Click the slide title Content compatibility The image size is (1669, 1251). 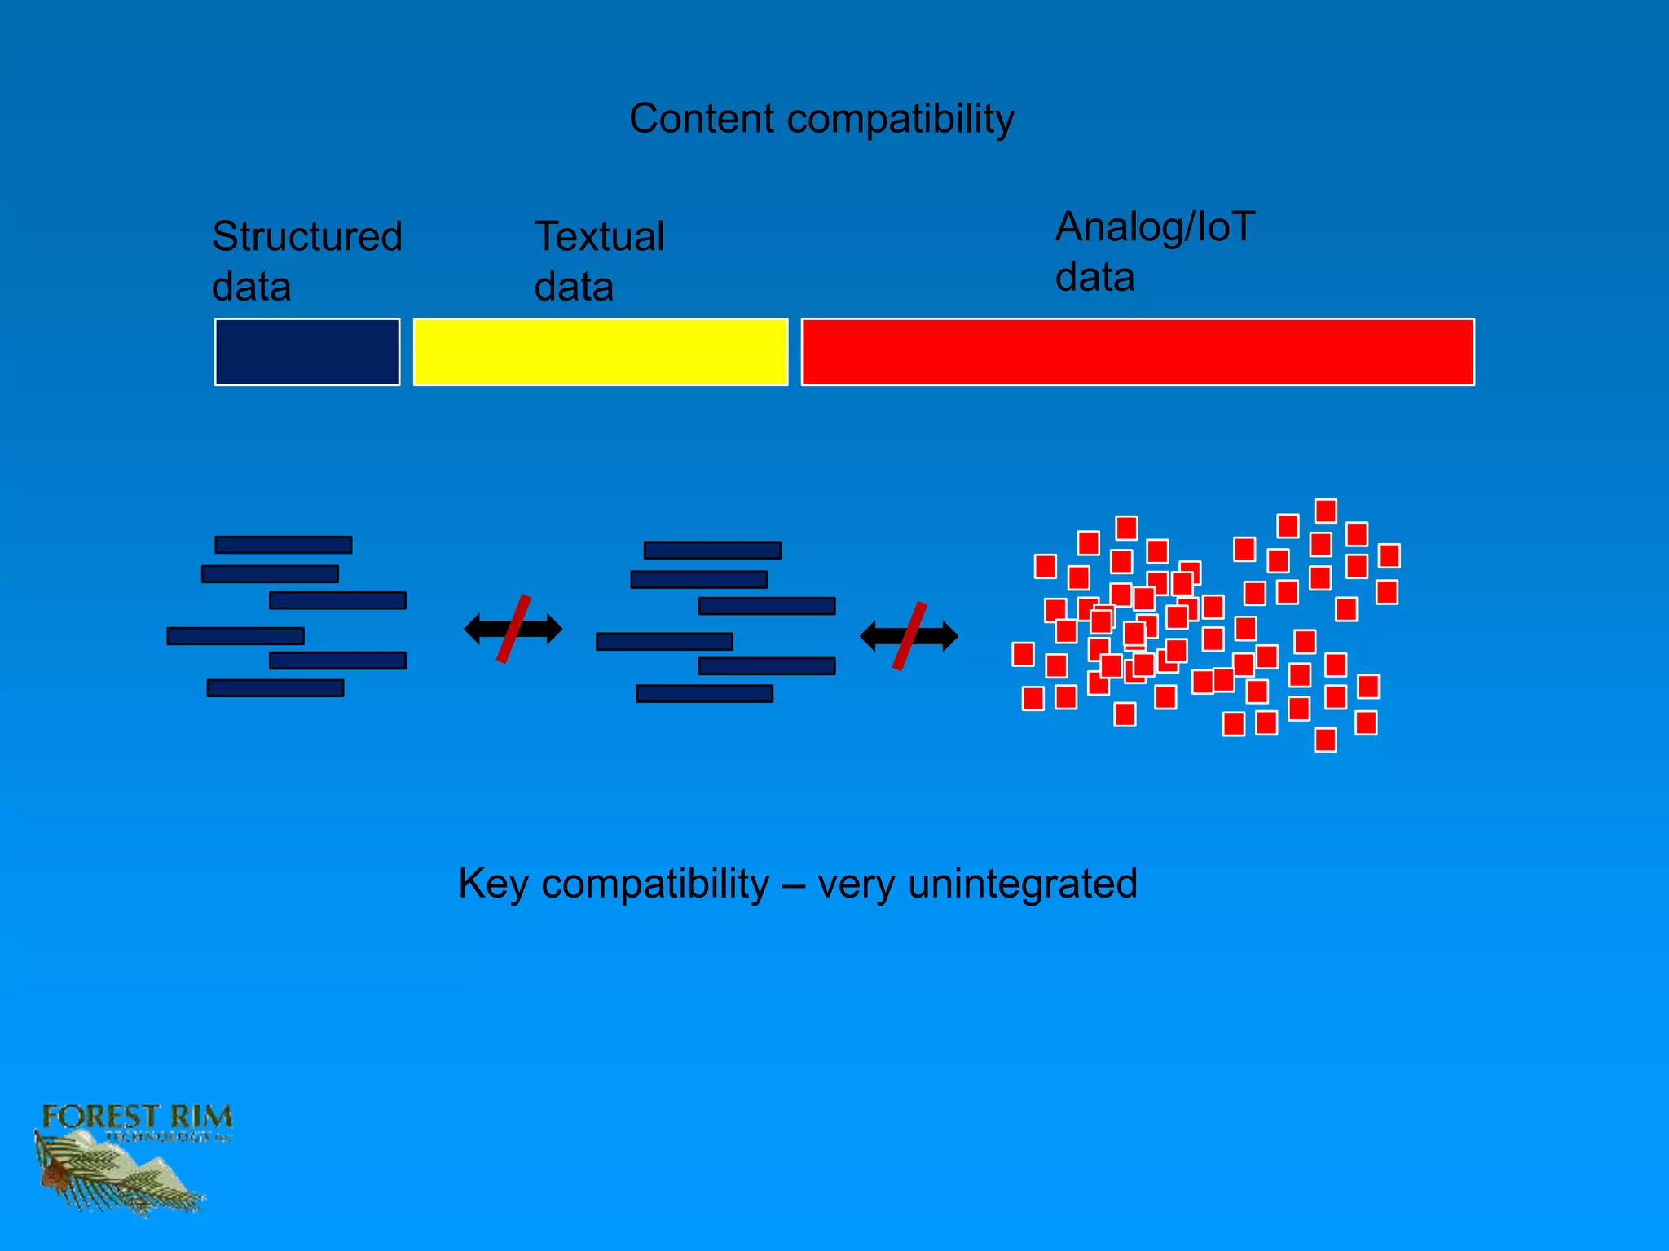[x=821, y=119]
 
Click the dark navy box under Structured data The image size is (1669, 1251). [x=307, y=352]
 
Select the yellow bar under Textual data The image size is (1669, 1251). [x=601, y=352]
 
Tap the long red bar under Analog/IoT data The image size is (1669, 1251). [x=1138, y=352]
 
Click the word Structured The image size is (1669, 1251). [x=307, y=237]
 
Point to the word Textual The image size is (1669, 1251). [x=600, y=237]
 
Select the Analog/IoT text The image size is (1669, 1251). [x=1155, y=227]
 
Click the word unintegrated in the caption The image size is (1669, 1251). [x=1022, y=884]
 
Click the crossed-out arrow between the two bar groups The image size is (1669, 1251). [x=513, y=629]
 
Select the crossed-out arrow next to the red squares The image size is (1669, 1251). [x=909, y=636]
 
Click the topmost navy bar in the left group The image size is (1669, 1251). [x=284, y=545]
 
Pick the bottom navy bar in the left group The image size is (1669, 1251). [x=275, y=688]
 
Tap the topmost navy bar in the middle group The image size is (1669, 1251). [x=712, y=551]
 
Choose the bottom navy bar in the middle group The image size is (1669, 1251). [x=704, y=694]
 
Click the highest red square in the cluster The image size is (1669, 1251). [x=1326, y=511]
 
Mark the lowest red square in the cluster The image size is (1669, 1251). [x=1326, y=740]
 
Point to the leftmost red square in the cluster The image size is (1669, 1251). [x=1023, y=654]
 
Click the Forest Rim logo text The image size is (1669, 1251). [x=137, y=1117]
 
